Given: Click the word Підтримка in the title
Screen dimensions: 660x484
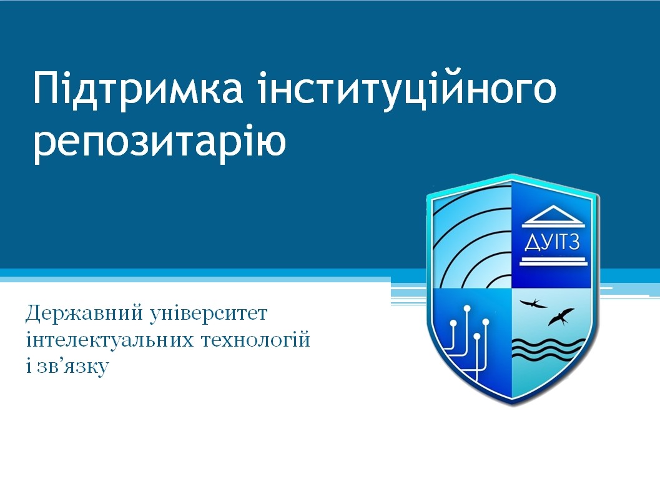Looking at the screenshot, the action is pos(138,89).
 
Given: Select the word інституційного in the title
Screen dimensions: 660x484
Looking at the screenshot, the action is pos(408,89).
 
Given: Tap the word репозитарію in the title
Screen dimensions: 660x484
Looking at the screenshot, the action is pos(160,142).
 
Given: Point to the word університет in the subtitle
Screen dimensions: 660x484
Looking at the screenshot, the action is pos(209,314).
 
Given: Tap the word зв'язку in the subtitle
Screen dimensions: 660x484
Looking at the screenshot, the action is pos(73,367).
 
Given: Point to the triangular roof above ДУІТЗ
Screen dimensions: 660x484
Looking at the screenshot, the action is pos(552,215).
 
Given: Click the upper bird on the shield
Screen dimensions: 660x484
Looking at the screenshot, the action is pos(533,303).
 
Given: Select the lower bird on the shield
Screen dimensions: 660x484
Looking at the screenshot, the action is pos(561,317).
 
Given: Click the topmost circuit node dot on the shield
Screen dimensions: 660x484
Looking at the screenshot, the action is pos(467,308).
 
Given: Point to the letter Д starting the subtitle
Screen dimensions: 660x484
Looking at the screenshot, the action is pos(33,314).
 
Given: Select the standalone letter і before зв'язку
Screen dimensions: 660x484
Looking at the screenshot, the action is pos(29,365).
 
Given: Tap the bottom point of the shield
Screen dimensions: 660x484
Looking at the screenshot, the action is pos(512,403).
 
